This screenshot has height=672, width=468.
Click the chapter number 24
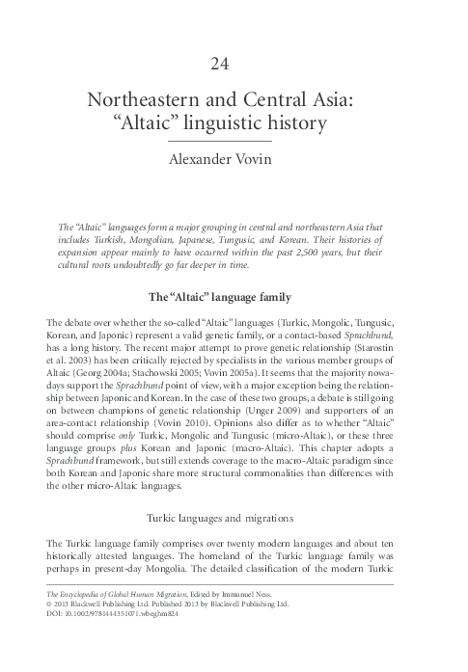tap(234, 66)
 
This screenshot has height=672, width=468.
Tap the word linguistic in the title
tap(243, 123)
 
